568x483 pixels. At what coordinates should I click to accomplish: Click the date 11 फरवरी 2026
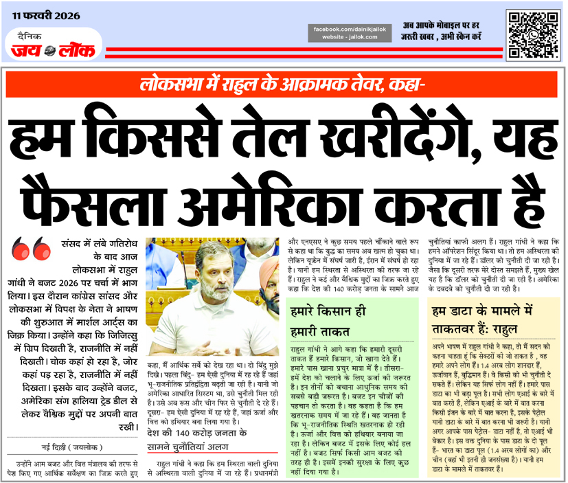[45, 15]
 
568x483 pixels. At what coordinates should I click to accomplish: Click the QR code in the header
[532, 34]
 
